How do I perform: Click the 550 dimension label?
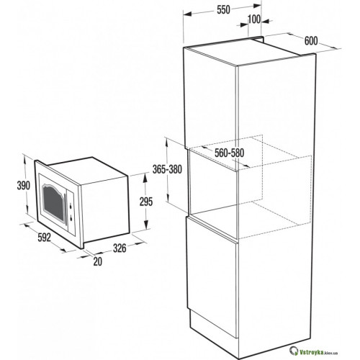click(x=223, y=10)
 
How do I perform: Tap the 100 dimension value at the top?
click(x=254, y=19)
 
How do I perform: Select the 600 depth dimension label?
click(x=311, y=41)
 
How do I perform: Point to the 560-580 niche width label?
click(x=229, y=153)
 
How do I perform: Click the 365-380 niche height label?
click(x=167, y=169)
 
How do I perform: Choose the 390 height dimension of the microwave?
click(x=24, y=186)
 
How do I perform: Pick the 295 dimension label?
click(x=146, y=202)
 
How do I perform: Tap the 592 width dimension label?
click(x=45, y=238)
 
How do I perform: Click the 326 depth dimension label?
click(x=120, y=248)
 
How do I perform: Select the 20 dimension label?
click(x=98, y=261)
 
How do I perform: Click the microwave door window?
click(x=53, y=202)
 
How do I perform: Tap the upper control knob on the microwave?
click(x=71, y=206)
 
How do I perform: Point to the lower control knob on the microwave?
click(x=71, y=218)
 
